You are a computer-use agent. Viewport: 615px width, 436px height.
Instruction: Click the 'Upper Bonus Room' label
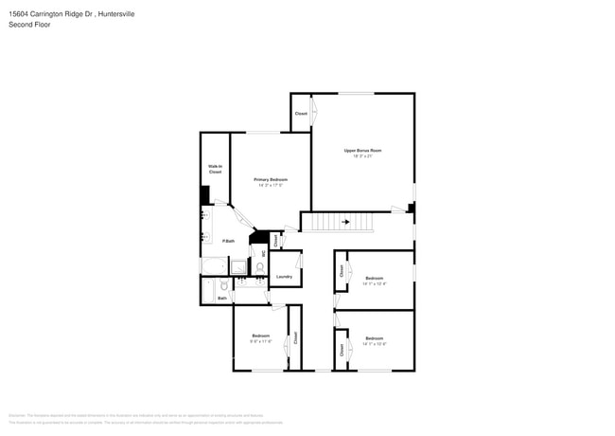(362, 151)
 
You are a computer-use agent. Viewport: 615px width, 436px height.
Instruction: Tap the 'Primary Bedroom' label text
(271, 179)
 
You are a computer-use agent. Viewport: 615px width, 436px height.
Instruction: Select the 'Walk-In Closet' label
(215, 170)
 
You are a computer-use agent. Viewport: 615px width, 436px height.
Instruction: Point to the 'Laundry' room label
(284, 277)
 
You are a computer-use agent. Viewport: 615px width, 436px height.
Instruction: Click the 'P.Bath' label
(228, 242)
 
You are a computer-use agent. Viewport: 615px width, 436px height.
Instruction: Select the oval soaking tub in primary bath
(213, 266)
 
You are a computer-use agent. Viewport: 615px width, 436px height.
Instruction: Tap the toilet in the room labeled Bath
(223, 284)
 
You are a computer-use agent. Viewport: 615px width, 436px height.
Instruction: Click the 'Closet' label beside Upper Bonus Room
(301, 114)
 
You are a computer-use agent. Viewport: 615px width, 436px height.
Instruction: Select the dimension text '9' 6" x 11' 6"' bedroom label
(260, 341)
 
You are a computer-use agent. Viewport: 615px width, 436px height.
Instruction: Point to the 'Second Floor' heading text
(29, 25)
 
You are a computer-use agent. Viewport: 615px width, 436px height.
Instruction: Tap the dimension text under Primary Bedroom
(271, 186)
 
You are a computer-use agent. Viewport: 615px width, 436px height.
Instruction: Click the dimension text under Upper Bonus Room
(362, 157)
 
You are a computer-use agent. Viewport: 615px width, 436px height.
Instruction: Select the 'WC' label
(263, 253)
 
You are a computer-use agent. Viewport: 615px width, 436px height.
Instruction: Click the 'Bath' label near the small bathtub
(222, 299)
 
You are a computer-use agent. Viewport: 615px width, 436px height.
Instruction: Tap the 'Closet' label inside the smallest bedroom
(295, 336)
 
